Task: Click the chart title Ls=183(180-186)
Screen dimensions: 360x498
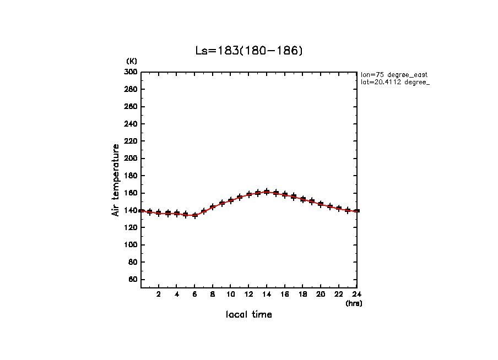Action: (x=249, y=51)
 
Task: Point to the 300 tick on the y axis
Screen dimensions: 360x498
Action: (x=131, y=72)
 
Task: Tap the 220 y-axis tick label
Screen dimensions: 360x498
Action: (x=131, y=141)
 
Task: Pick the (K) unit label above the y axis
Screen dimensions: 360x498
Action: (x=132, y=61)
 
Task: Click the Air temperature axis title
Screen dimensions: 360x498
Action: (x=116, y=179)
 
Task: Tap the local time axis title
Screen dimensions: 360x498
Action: (x=248, y=315)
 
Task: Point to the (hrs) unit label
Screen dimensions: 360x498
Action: (x=354, y=303)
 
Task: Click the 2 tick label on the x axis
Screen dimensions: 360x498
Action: (x=159, y=294)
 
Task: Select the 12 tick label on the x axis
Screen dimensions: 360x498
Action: (x=248, y=294)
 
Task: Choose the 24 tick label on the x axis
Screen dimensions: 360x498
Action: (x=356, y=294)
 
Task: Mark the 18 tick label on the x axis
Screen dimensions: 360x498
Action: (x=302, y=294)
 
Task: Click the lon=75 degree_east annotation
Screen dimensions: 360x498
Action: (x=394, y=74)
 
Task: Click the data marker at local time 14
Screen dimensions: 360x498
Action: (x=267, y=192)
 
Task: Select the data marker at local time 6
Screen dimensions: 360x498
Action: (x=194, y=215)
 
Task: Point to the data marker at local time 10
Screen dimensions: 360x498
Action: (x=231, y=200)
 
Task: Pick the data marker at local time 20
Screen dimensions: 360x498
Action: (x=321, y=204)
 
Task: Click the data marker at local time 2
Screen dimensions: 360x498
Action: (x=159, y=212)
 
